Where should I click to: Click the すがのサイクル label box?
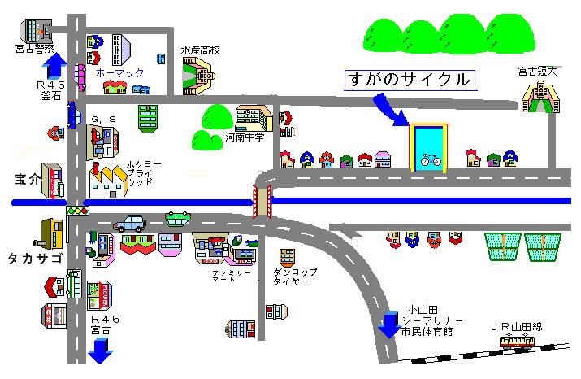(x=409, y=80)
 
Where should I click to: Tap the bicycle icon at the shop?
(x=430, y=160)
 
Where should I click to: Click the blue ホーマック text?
(x=119, y=72)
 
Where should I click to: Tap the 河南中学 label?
(x=244, y=137)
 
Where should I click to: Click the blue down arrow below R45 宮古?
(x=102, y=353)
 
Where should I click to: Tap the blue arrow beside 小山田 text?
(x=388, y=325)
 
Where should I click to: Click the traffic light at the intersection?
(x=77, y=211)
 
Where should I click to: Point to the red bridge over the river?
(x=262, y=202)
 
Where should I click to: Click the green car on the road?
(x=178, y=218)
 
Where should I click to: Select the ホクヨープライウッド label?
(x=144, y=172)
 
